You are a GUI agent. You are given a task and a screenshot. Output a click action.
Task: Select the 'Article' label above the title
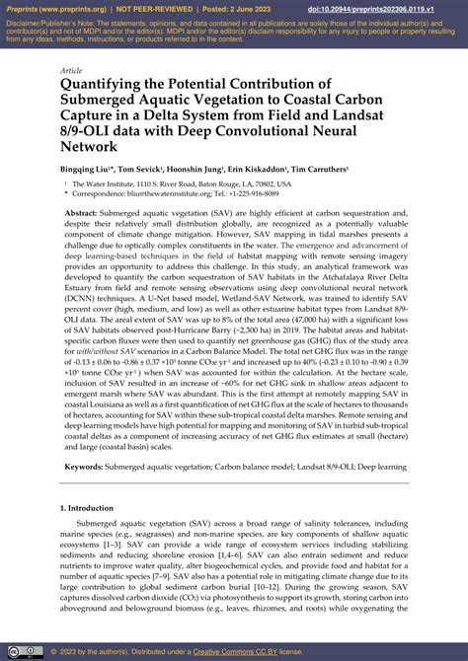[71, 71]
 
